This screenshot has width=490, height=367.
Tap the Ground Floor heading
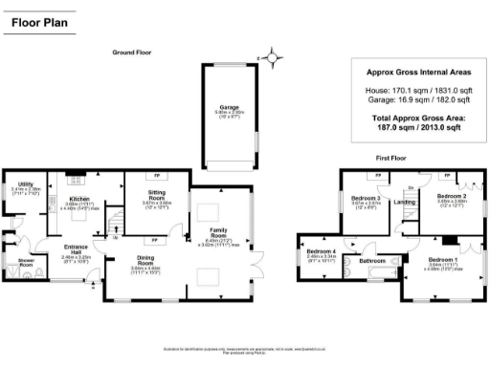132,52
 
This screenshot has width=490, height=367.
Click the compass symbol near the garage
275,56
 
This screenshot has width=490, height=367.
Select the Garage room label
228,108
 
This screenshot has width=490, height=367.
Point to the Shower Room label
16,263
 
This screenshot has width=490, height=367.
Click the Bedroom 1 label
443,261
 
